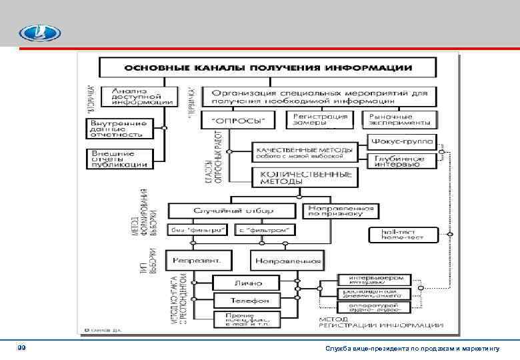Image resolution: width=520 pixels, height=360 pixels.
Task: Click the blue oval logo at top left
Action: pyautogui.click(x=39, y=33)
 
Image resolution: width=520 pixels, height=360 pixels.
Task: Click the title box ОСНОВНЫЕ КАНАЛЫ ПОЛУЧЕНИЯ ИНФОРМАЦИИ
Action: pyautogui.click(x=265, y=68)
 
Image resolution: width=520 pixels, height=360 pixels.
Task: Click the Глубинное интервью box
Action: pyautogui.click(x=401, y=161)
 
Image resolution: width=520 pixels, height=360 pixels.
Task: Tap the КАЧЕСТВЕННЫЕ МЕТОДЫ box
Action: pyautogui.click(x=305, y=153)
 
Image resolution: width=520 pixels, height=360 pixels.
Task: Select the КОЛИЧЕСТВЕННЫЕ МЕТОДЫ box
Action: pyautogui.click(x=305, y=177)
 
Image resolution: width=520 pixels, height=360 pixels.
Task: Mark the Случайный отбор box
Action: pyautogui.click(x=232, y=211)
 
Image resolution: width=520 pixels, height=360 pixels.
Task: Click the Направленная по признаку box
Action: pyautogui.click(x=340, y=211)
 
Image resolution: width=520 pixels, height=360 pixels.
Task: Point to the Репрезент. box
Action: pyautogui.click(x=201, y=259)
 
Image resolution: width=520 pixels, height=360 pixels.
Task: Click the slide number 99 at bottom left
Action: pyautogui.click(x=23, y=348)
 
